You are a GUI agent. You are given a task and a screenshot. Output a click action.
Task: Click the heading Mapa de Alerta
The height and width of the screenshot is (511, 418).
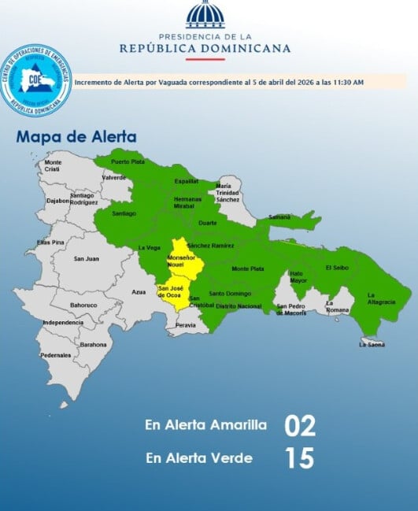pyautogui.click(x=76, y=137)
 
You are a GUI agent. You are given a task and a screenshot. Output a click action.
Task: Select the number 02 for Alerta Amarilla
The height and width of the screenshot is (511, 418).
pyautogui.click(x=299, y=426)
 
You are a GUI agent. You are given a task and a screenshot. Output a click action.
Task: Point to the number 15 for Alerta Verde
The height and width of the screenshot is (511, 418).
pyautogui.click(x=299, y=458)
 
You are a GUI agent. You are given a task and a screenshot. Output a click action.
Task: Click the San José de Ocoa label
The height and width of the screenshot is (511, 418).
pyautogui.click(x=172, y=291)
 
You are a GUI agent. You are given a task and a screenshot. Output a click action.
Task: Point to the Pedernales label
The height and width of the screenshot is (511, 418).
pyautogui.click(x=56, y=355)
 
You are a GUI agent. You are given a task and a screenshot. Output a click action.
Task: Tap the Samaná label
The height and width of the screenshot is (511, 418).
pyautogui.click(x=279, y=217)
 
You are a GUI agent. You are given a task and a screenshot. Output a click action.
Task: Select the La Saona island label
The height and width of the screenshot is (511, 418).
pyautogui.click(x=371, y=344)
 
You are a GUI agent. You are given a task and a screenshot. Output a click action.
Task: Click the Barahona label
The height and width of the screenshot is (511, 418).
pyautogui.click(x=93, y=344)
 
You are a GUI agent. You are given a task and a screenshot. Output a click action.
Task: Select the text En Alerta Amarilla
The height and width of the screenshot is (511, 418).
pyautogui.click(x=205, y=425)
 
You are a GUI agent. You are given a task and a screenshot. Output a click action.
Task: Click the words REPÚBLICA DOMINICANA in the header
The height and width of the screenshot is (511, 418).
pyautogui.click(x=205, y=48)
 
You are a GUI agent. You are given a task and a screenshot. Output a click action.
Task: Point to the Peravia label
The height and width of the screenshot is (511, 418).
pyautogui.click(x=186, y=324)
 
